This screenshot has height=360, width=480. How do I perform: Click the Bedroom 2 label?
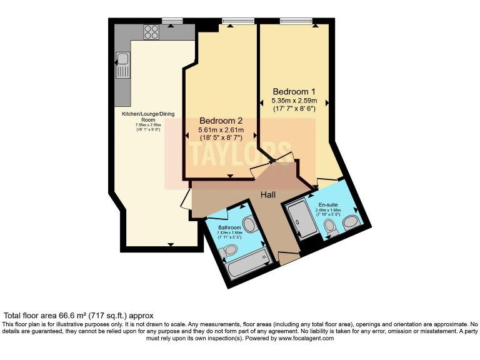(221, 120)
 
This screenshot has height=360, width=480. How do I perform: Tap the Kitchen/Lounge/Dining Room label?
(148, 117)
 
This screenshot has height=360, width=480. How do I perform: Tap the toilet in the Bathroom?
(228, 250)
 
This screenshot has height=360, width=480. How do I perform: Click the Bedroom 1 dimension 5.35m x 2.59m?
(294, 101)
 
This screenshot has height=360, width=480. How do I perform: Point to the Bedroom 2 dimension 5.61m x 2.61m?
(221, 129)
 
